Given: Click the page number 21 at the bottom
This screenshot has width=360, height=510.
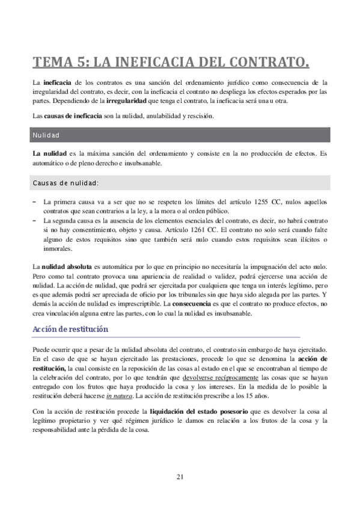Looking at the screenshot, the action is point(180,477).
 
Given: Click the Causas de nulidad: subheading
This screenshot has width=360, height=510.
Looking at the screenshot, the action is point(66,183).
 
